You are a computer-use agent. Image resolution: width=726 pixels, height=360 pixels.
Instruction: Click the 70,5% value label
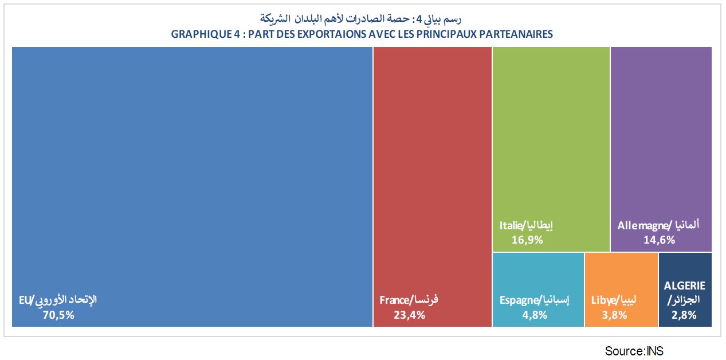(58, 314)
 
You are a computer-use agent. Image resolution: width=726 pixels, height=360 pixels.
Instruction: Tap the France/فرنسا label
(409, 300)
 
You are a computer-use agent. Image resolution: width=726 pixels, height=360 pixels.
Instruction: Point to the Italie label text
(511, 226)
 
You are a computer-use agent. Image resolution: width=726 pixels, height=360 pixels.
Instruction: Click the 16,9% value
(527, 240)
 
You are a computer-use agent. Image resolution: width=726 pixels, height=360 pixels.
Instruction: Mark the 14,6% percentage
(659, 240)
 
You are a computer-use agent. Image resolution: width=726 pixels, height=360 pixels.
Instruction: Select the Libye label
(603, 300)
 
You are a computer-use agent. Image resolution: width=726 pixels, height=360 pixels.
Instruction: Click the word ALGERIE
(685, 285)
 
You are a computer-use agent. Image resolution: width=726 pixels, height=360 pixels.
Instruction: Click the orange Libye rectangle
(621, 275)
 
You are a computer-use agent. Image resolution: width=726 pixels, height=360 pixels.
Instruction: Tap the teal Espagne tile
(538, 275)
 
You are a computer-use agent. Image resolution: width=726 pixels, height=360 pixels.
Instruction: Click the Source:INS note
(634, 351)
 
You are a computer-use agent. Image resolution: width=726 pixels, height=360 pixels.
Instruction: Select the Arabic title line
(362, 19)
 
